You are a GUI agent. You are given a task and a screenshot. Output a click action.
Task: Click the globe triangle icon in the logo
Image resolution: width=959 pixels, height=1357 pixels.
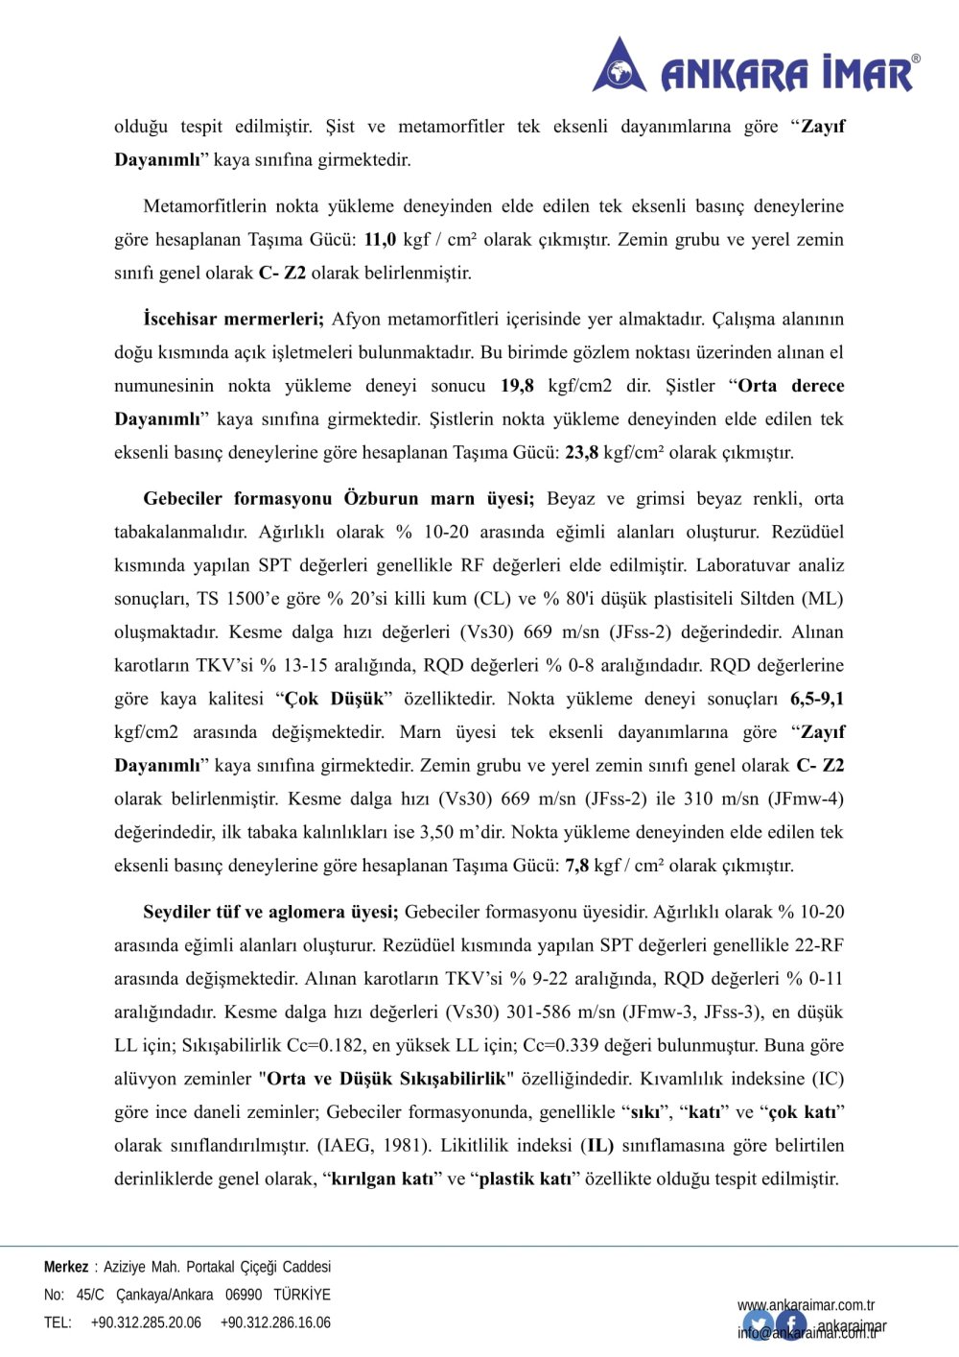pos(620,66)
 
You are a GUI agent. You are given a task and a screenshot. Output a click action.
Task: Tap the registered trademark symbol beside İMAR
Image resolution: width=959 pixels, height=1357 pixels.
pos(915,60)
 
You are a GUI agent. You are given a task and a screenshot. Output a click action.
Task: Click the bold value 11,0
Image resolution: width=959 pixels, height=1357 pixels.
pos(380,240)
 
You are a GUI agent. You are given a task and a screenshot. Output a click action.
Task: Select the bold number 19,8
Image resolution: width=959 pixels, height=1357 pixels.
pos(517,386)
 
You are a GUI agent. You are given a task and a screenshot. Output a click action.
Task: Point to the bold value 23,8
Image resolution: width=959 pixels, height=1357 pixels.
pos(581,453)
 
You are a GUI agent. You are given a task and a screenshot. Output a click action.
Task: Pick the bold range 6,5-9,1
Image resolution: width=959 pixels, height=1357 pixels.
pos(817,699)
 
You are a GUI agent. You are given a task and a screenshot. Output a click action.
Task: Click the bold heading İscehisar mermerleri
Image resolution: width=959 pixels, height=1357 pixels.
pos(233,320)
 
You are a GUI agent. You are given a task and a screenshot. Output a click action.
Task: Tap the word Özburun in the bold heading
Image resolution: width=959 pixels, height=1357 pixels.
pos(381,499)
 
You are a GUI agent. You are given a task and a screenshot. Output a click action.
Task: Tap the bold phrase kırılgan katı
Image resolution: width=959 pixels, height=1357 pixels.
pos(382,1179)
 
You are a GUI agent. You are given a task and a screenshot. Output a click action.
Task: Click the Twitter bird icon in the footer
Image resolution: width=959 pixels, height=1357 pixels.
pos(758,1325)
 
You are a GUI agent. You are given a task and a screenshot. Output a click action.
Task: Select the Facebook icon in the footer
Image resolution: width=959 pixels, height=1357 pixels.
pos(792,1325)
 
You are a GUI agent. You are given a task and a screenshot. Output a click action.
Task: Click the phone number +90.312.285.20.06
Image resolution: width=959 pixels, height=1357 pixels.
pos(146,1322)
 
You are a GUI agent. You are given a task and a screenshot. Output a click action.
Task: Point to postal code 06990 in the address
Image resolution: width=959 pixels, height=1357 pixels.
pos(244,1295)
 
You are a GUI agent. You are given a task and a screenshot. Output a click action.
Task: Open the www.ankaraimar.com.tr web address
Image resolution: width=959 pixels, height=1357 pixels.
pos(806,1305)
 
